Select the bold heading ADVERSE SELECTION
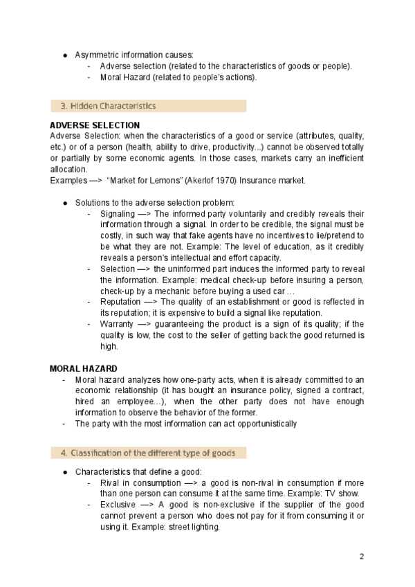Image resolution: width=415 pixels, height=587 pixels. pos(95,125)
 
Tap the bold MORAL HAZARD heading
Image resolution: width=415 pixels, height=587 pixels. pos(84,368)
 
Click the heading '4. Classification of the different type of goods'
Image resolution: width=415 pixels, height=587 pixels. pos(147,453)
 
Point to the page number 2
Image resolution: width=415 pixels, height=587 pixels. pos(362,556)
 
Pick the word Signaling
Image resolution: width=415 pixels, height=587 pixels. pos(117,213)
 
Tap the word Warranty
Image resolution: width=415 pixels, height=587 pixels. pos(118,323)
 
